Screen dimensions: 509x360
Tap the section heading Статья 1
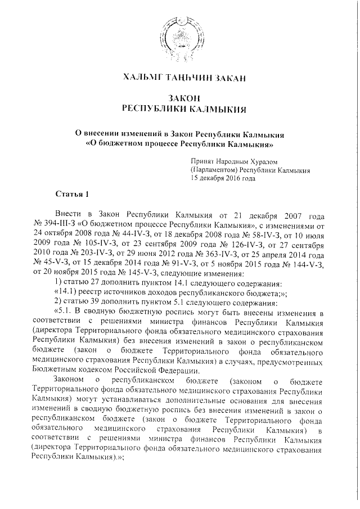click(72, 195)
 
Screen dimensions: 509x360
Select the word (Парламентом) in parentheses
click(214, 169)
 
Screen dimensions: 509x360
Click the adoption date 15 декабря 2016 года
click(223, 178)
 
